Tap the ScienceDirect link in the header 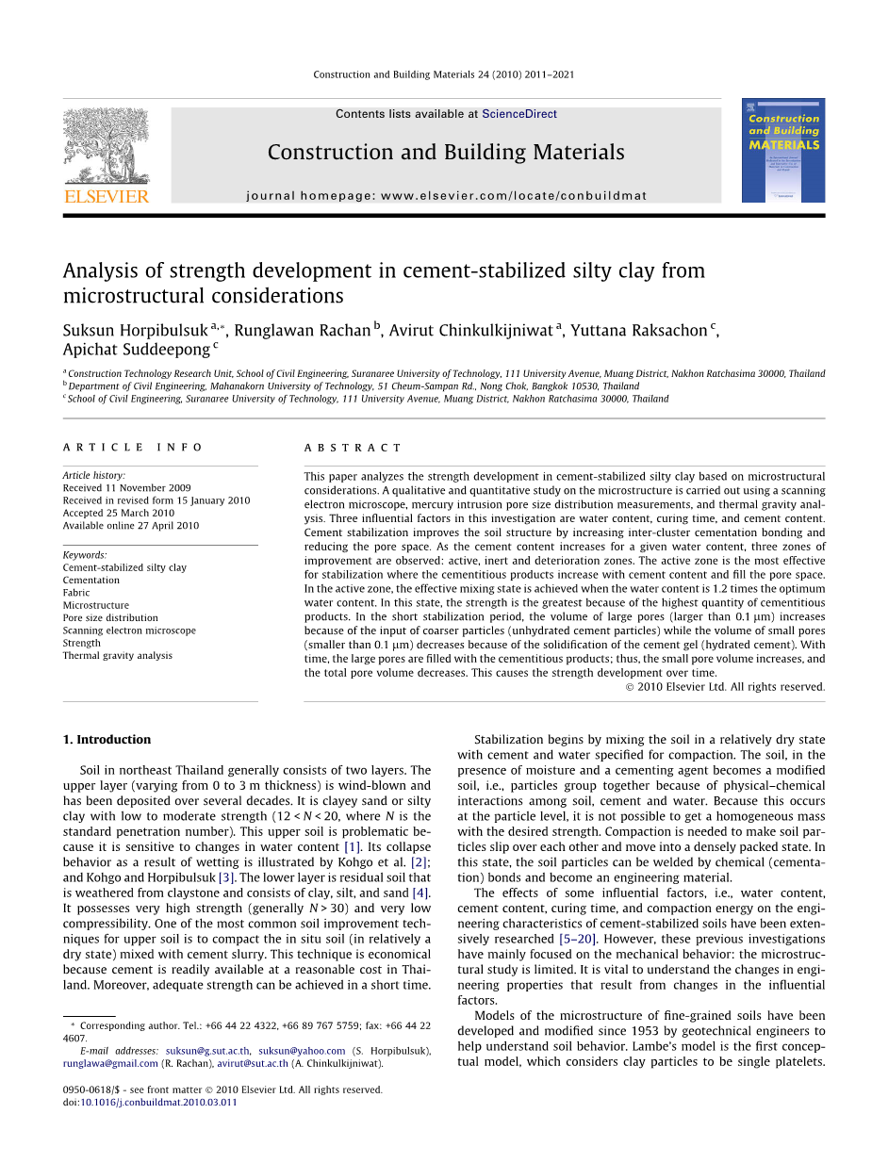tap(519, 114)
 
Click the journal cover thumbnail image tap(782, 150)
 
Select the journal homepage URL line tap(447, 196)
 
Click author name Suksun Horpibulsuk tap(136, 331)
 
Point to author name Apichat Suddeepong tap(136, 350)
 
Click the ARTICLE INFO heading tap(133, 448)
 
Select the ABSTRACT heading tap(353, 448)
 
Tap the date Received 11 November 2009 tap(126, 488)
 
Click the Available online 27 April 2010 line tap(131, 526)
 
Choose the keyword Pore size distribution tap(110, 618)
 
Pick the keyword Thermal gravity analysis tap(117, 656)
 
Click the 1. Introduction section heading tap(107, 740)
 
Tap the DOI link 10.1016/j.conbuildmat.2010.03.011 tap(158, 1103)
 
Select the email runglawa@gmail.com tap(110, 1064)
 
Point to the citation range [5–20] tap(577, 939)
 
